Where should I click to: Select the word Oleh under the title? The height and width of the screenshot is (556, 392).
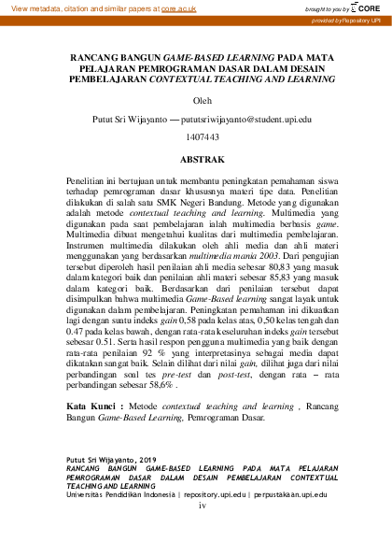point(195,101)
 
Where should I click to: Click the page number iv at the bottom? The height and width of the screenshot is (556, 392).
point(200,506)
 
